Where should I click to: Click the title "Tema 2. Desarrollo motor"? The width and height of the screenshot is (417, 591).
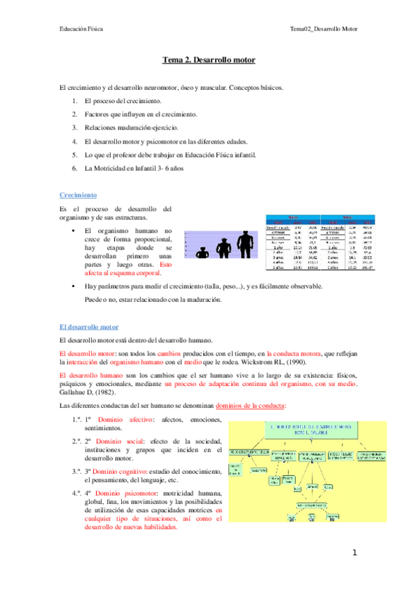[209, 60]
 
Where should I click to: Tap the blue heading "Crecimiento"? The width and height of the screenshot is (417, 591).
[78, 197]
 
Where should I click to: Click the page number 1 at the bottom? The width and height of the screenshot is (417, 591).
[354, 553]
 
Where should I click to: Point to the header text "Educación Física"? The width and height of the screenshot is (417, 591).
[81, 29]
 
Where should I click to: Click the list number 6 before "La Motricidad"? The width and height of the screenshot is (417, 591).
[74, 168]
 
